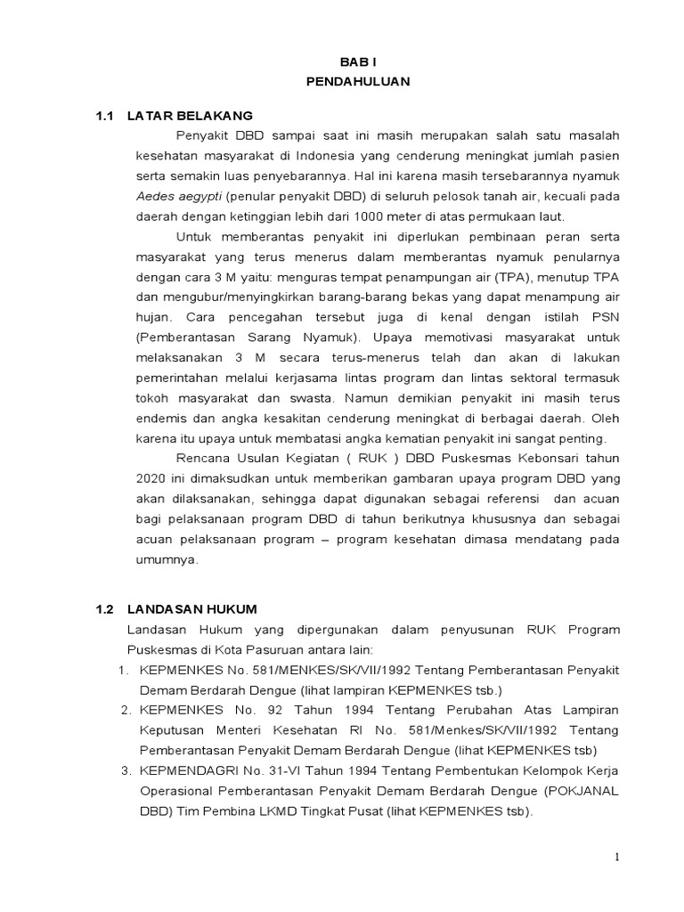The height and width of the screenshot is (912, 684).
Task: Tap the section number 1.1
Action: coord(106,116)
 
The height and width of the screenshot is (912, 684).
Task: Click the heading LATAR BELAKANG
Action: coord(190,116)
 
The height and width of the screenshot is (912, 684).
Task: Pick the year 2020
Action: coord(151,478)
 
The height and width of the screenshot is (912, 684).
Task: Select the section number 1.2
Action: coord(106,609)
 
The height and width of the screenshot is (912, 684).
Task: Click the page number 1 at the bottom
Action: coord(615,857)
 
